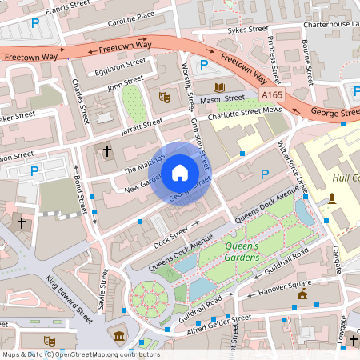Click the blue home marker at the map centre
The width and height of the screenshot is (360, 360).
(x=180, y=172)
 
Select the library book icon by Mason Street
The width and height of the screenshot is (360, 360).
(x=219, y=86)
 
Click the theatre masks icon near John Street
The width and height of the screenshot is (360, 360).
(x=166, y=97)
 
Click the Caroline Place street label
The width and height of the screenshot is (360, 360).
(x=131, y=15)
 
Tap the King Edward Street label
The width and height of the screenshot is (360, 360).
(x=70, y=298)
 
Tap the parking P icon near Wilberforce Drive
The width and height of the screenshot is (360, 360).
(x=265, y=174)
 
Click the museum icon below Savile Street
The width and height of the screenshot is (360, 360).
(x=120, y=334)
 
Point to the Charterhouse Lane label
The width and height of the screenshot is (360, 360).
(x=331, y=23)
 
